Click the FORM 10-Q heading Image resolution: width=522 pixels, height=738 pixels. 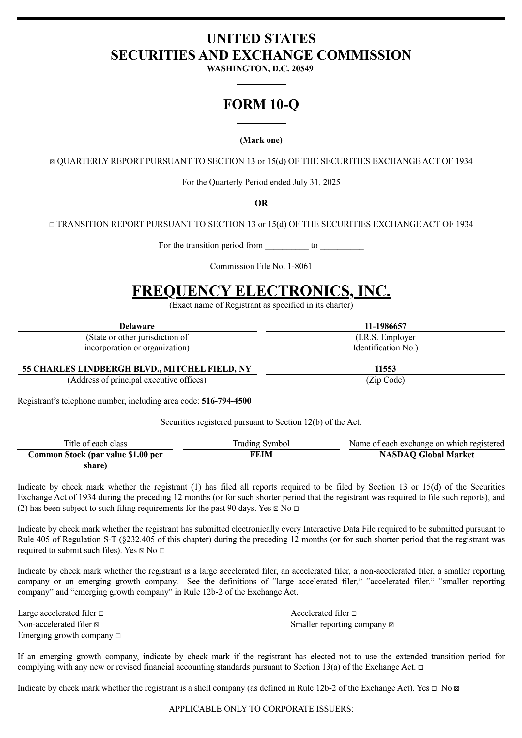tap(261, 104)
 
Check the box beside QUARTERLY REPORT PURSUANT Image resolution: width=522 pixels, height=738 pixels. tap(52, 162)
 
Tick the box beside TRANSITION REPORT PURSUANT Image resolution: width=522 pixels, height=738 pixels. tap(52, 225)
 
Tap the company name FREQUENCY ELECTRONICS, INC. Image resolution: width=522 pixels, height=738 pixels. tap(261, 291)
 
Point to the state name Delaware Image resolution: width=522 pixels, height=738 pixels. tap(137, 326)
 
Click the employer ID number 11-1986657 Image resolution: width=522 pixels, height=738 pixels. tap(385, 326)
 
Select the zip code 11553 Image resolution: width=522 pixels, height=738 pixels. tap(385, 369)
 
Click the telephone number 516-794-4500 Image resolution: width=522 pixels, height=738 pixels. tap(226, 401)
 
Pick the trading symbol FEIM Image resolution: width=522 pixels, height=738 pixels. tap(261, 454)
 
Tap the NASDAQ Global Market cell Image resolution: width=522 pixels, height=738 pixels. tap(427, 454)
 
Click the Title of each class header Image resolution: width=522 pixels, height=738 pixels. tap(95, 443)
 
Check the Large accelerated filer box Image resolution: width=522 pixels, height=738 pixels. tap(101, 613)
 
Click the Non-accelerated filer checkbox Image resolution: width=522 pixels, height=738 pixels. tap(97, 625)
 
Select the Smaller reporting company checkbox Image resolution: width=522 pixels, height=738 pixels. tap(391, 625)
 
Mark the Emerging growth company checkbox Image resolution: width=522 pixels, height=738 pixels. tap(118, 636)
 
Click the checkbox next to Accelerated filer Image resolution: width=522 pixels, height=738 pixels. tap(354, 613)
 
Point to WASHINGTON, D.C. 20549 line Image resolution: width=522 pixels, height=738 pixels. tap(261, 69)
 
